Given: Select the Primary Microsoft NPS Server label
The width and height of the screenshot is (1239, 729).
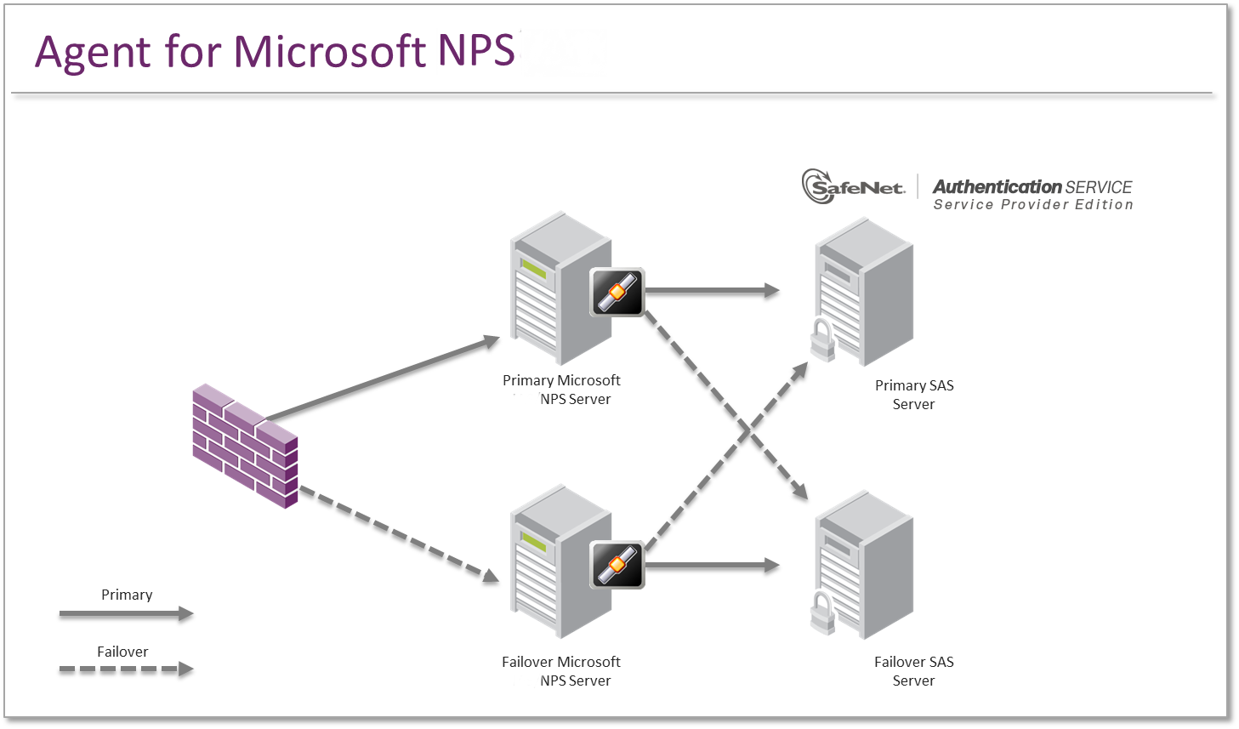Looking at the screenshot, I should point(561,390).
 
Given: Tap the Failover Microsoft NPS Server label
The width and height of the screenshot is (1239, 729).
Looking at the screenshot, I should point(561,671).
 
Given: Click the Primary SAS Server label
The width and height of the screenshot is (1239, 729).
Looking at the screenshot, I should point(914,395).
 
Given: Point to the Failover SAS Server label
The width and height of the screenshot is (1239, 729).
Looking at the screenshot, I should point(914,671).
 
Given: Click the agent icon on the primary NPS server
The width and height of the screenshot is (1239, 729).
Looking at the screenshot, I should point(617,292).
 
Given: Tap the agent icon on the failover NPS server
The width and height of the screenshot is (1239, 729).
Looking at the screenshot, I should point(617,565).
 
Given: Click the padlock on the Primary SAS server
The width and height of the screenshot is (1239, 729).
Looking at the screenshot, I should point(822,339).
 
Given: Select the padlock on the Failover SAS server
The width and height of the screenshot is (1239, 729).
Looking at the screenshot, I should point(822,613).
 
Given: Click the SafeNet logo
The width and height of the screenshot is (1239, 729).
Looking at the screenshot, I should point(853,186).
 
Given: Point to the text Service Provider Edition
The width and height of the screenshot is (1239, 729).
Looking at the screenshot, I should point(1032,205).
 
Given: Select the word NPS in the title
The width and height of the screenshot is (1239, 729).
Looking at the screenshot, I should point(476,51).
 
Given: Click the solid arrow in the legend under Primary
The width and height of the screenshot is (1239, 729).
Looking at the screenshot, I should point(126,613).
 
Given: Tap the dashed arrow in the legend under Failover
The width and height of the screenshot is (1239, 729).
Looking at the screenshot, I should point(126,669).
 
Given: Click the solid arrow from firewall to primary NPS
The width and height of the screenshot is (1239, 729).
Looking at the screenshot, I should point(383,379).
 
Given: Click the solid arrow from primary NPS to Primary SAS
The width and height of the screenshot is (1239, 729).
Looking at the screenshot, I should point(711,291).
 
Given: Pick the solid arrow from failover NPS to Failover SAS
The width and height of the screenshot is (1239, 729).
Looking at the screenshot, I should point(711,565).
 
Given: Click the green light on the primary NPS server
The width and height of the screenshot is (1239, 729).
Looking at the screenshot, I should point(534,270).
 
